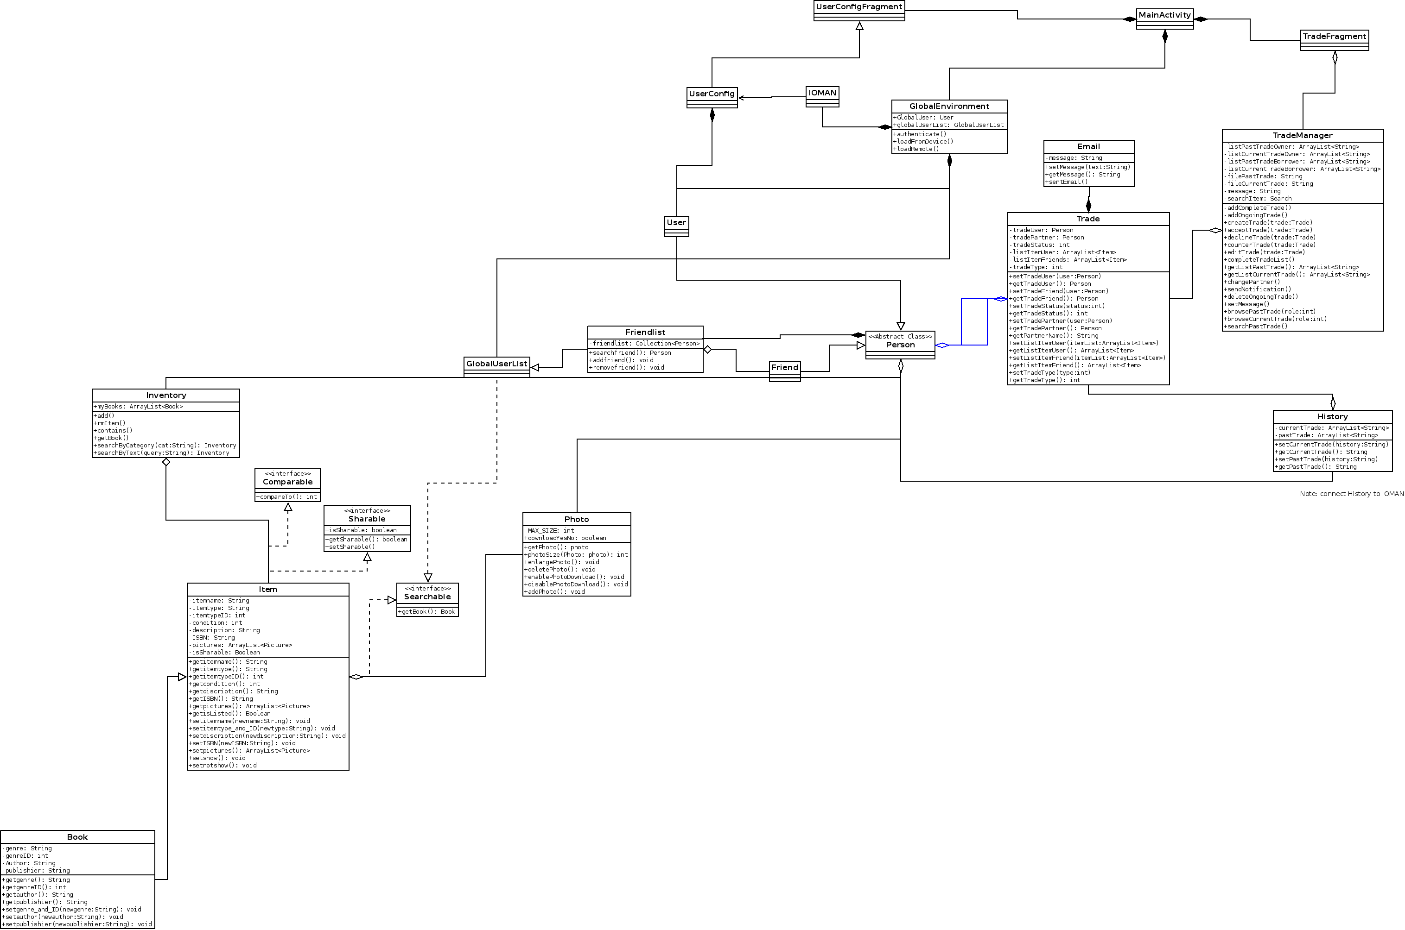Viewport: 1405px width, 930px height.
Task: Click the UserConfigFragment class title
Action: [859, 7]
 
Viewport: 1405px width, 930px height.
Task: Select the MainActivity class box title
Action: [1164, 15]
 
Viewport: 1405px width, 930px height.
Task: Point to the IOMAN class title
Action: [822, 93]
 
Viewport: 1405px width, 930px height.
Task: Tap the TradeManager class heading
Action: [1302, 136]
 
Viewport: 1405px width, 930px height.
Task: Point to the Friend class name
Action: [784, 368]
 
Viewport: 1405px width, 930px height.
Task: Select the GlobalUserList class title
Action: [496, 364]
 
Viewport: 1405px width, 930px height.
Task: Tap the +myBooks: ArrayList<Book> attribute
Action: [138, 407]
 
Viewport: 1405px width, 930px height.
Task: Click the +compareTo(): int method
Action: [287, 497]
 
